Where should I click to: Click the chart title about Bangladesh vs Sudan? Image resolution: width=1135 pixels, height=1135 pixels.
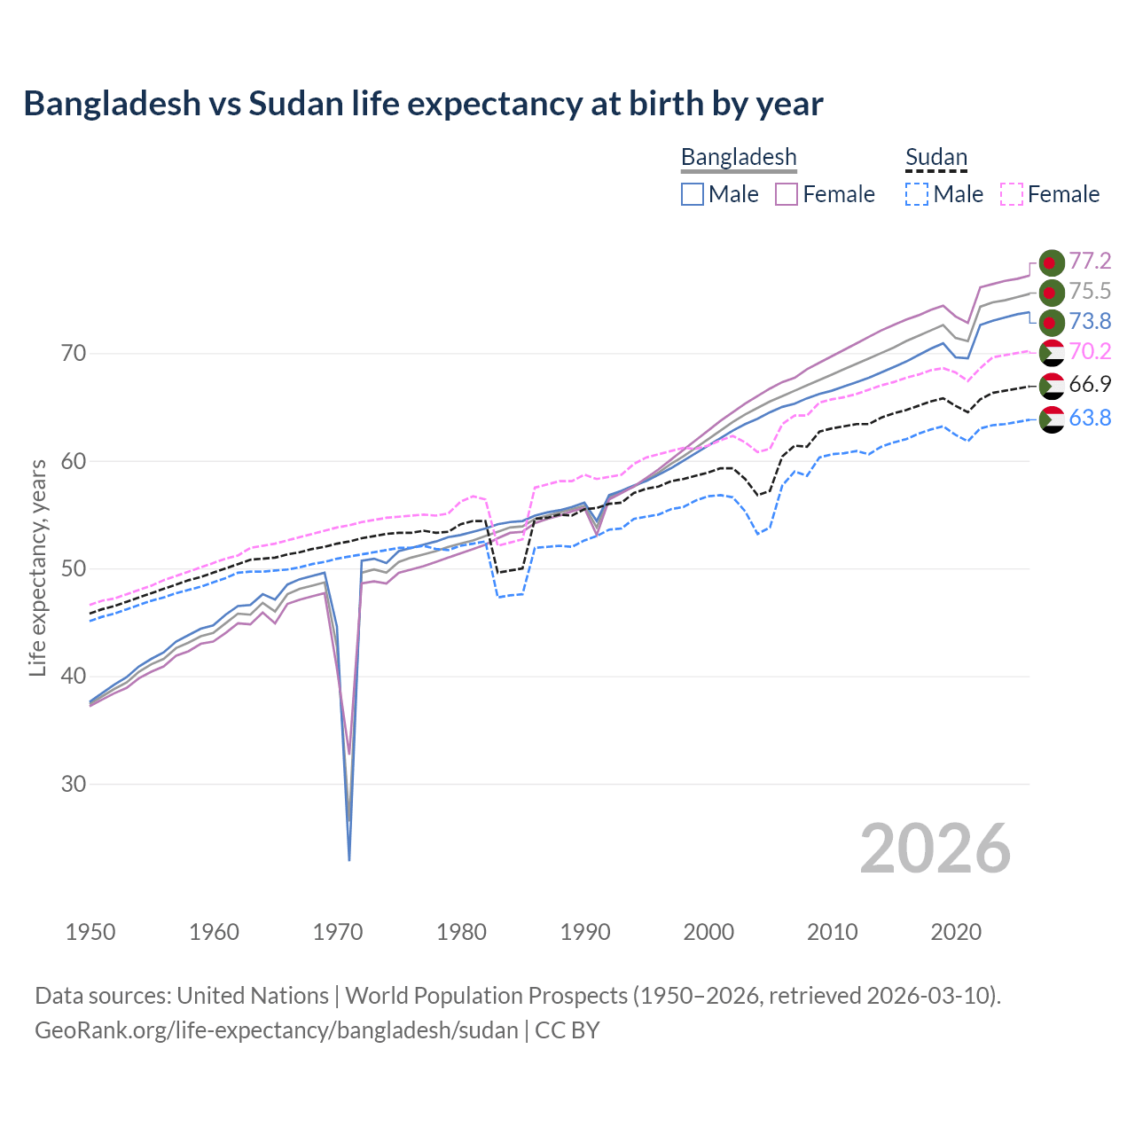[x=423, y=104]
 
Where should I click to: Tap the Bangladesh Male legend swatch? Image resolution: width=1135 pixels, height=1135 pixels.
[x=693, y=194]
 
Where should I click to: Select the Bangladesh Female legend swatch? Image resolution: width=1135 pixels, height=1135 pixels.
[x=787, y=194]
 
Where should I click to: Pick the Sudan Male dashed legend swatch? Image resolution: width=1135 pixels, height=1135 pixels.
[x=917, y=194]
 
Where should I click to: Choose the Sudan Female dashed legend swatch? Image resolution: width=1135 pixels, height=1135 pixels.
[x=1011, y=194]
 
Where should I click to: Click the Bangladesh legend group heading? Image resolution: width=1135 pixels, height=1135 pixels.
[x=739, y=157]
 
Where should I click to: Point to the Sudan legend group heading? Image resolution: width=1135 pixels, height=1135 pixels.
[x=935, y=157]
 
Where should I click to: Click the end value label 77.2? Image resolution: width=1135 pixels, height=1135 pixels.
[x=1089, y=261]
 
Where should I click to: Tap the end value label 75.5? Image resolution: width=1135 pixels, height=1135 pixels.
[x=1089, y=292]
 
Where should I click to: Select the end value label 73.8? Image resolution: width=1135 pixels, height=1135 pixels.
[x=1089, y=321]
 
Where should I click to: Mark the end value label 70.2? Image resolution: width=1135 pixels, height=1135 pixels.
[x=1089, y=352]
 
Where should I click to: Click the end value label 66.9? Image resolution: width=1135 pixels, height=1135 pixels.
[x=1089, y=385]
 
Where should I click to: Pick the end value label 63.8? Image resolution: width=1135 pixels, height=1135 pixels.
[x=1089, y=418]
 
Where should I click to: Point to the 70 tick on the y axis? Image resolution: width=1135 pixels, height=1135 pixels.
[x=74, y=354]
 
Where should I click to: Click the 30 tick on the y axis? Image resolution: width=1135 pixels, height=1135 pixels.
[x=74, y=785]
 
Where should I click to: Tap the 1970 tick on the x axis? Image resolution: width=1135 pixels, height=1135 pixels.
[x=338, y=932]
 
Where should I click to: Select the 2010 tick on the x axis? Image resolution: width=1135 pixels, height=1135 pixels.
[x=832, y=932]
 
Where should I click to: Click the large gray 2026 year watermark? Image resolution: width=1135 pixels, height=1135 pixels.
[x=935, y=849]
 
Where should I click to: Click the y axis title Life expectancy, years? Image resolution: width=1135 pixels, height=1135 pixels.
[x=38, y=567]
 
